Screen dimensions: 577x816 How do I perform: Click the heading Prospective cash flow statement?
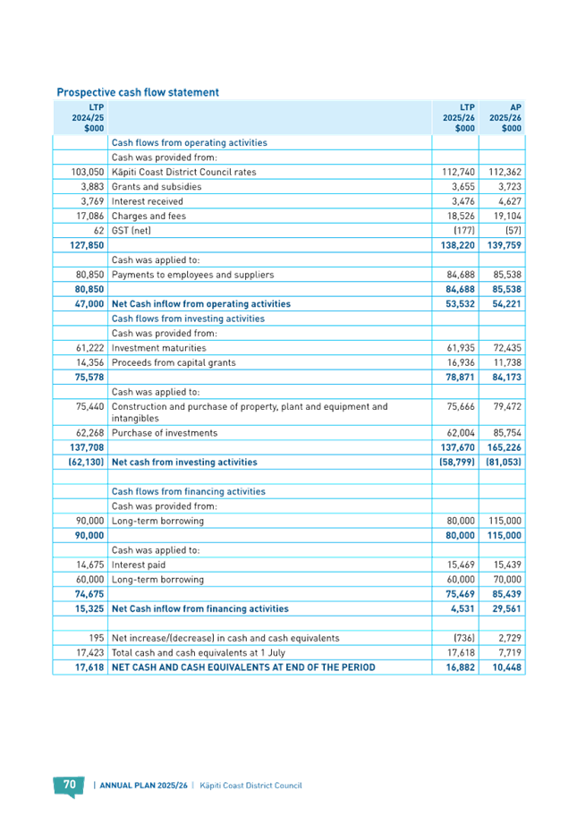[138, 92]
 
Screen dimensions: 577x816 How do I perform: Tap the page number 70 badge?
[70, 786]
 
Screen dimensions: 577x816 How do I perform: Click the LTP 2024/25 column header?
[88, 117]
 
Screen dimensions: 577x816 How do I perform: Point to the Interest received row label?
[148, 201]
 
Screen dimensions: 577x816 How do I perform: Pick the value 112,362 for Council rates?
[505, 172]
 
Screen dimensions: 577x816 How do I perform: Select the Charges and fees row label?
[148, 216]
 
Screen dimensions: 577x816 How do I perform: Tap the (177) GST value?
[464, 231]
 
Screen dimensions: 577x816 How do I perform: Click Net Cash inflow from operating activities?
[201, 304]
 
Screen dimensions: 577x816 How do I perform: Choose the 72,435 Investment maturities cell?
[507, 348]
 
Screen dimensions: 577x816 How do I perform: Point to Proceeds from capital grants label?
[174, 362]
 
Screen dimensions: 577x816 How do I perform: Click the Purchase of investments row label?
[165, 433]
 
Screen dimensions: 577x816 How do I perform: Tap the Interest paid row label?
[139, 565]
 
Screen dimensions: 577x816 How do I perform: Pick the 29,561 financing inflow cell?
[506, 609]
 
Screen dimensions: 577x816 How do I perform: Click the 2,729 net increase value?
[510, 638]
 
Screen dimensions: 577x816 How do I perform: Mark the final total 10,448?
[506, 667]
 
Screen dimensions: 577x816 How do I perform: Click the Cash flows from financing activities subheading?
[189, 491]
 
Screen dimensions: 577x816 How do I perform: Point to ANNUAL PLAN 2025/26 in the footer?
[144, 786]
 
